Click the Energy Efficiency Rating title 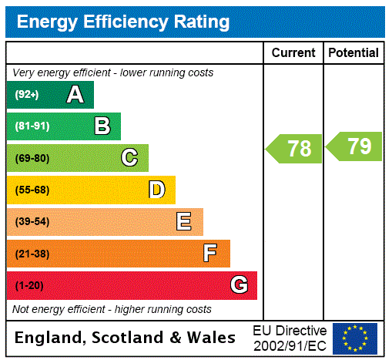(122, 22)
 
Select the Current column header (293, 53)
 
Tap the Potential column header (353, 53)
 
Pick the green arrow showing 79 (354, 146)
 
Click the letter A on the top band (75, 95)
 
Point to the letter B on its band (102, 126)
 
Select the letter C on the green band (129, 158)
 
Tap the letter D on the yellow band (156, 190)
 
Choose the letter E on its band (184, 222)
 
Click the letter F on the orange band (210, 254)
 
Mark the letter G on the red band (239, 285)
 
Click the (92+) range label (27, 96)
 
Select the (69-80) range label (32, 159)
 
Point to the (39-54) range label (32, 222)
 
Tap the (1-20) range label (29, 286)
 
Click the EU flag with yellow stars (355, 338)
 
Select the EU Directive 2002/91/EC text (290, 338)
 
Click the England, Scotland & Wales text (126, 338)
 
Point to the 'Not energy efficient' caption (112, 309)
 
